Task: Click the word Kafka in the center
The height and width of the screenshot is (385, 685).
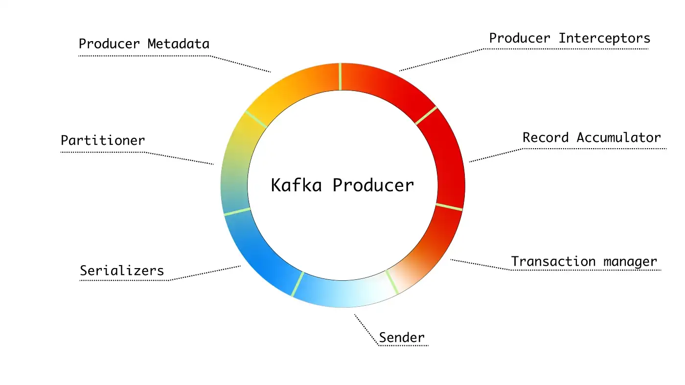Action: [x=297, y=185]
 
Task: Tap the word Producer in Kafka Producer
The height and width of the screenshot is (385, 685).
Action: [x=373, y=185]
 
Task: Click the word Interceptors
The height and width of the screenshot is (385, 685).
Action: [x=604, y=39]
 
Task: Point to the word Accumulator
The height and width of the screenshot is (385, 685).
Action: [x=618, y=137]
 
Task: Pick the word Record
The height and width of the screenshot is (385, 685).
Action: [x=546, y=137]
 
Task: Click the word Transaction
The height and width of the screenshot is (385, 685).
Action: [x=553, y=261]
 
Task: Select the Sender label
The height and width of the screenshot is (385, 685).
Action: [x=402, y=338]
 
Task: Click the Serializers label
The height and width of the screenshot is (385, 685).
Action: [x=122, y=271]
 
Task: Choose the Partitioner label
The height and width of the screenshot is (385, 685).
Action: [x=103, y=140]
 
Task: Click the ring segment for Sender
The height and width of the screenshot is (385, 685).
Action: [x=344, y=294]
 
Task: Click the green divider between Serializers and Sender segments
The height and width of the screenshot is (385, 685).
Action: [x=298, y=284]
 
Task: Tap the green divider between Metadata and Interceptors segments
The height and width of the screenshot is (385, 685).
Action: [x=341, y=76]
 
